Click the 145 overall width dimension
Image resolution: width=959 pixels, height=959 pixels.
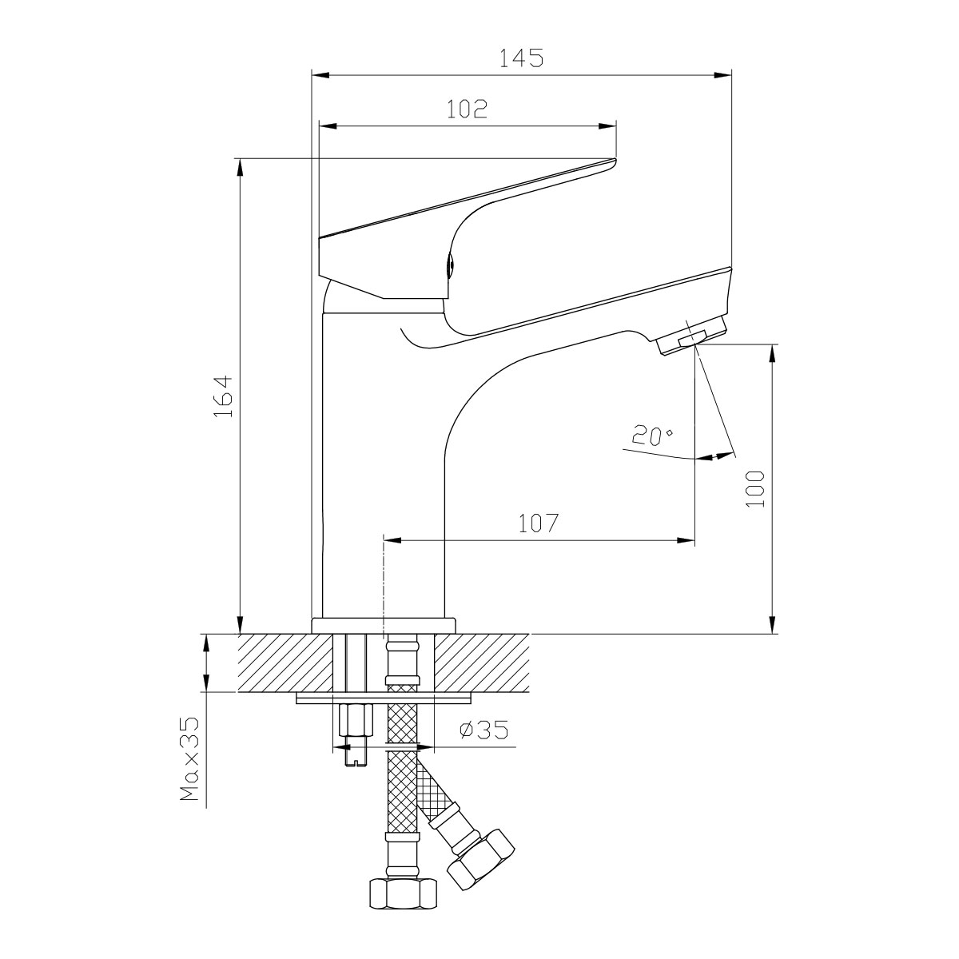tap(521, 58)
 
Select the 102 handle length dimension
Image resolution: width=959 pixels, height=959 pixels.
tap(468, 109)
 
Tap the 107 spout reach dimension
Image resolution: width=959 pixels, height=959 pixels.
tap(537, 524)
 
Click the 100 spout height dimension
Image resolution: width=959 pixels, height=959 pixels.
tap(755, 488)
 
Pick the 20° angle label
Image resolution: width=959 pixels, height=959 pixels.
tap(652, 436)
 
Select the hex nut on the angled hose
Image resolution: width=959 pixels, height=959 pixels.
tap(481, 859)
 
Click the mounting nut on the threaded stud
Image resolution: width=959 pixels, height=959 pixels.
tap(356, 721)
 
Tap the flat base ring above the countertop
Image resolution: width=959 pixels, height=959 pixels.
tap(383, 625)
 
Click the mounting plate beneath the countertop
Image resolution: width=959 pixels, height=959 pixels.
tap(384, 698)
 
